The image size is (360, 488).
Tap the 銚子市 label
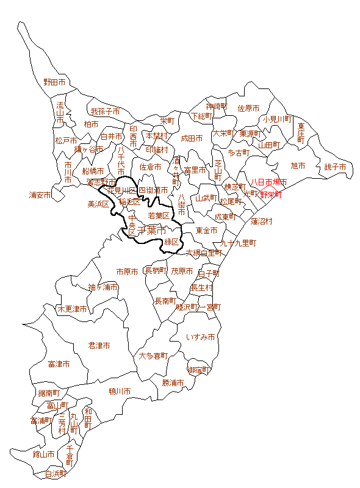pos(335,167)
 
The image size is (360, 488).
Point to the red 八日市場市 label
pos(268,182)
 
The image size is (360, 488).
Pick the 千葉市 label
pos(151,231)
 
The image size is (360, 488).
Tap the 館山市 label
pos(27,454)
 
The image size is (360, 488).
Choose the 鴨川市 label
pos(120,391)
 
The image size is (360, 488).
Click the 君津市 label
pos(99,345)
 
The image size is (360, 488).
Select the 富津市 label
pos(59,364)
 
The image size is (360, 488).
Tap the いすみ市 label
pos(201,337)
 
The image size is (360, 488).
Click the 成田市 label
pos(192,138)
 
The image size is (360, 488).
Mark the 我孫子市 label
pos(105,112)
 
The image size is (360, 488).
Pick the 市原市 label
pos(128,271)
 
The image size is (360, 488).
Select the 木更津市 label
pos(72,309)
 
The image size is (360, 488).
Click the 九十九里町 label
pos(238,243)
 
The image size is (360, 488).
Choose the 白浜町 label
pos(56,474)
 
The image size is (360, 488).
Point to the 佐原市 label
pos(248,108)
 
